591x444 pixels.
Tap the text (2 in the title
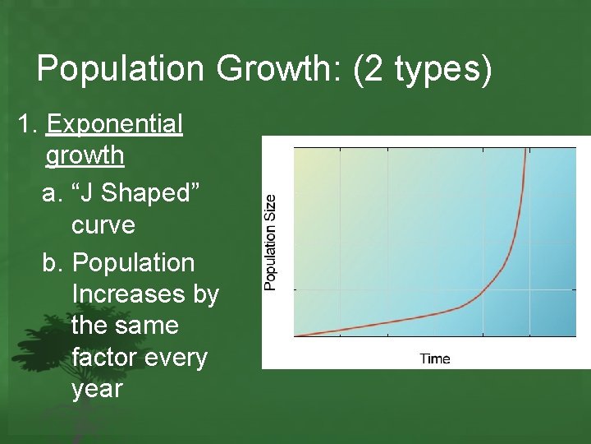(x=369, y=69)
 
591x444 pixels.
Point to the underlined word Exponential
(x=115, y=124)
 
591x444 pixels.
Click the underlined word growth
(x=85, y=155)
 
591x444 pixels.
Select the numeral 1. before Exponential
(x=29, y=124)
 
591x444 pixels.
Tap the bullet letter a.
(x=53, y=193)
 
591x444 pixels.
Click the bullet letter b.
(x=53, y=263)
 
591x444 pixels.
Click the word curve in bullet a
(x=103, y=224)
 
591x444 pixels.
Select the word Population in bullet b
(x=134, y=263)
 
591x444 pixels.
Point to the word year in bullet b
(x=97, y=389)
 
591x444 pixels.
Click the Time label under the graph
(x=435, y=358)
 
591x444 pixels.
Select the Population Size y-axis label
(x=270, y=241)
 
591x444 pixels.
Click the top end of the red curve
(x=527, y=150)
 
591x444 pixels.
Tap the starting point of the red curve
(x=297, y=335)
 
